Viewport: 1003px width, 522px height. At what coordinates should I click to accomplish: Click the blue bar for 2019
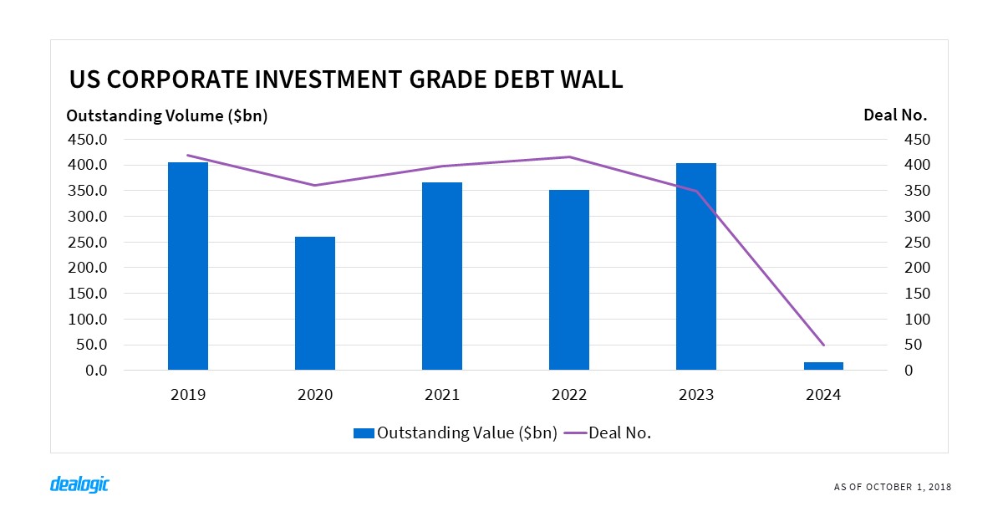click(188, 266)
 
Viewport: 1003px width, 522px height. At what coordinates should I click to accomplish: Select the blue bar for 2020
click(315, 303)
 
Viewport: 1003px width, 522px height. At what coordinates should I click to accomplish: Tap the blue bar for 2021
click(442, 276)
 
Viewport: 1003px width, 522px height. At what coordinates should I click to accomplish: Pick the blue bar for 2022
click(569, 279)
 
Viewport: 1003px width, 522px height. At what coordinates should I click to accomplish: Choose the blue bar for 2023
click(696, 266)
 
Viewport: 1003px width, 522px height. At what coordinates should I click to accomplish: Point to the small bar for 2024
click(823, 366)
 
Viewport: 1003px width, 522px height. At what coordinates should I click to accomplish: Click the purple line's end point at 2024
click(823, 345)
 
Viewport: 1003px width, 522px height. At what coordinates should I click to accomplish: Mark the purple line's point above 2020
click(315, 185)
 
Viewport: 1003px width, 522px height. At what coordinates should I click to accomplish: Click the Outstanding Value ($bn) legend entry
click(456, 432)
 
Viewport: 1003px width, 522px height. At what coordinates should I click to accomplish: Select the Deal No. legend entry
click(608, 432)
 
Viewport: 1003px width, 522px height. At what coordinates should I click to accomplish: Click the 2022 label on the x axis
click(569, 395)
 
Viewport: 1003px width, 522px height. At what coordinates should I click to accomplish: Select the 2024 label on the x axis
click(823, 395)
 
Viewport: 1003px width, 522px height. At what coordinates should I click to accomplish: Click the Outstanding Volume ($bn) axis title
click(166, 116)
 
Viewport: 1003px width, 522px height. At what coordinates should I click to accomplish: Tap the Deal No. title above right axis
click(895, 115)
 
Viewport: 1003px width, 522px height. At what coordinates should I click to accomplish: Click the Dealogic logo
click(79, 484)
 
